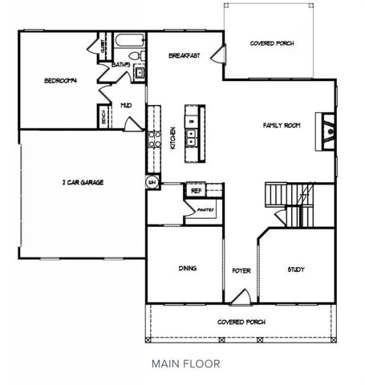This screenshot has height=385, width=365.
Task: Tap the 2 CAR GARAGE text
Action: pos(83,182)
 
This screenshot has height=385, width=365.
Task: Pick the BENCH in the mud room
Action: pos(104,117)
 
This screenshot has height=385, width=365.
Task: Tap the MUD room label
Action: pos(126,104)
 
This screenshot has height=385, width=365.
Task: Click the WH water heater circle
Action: pos(151,183)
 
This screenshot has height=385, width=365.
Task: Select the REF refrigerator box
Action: pos(196,191)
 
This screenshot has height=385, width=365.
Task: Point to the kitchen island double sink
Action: pos(193,139)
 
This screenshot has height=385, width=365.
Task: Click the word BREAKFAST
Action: pos(184,56)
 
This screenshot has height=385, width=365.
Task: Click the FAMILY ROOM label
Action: pos(282,125)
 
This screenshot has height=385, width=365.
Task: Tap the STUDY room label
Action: pos(295,269)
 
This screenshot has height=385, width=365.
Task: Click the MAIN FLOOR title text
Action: pos(185,363)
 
